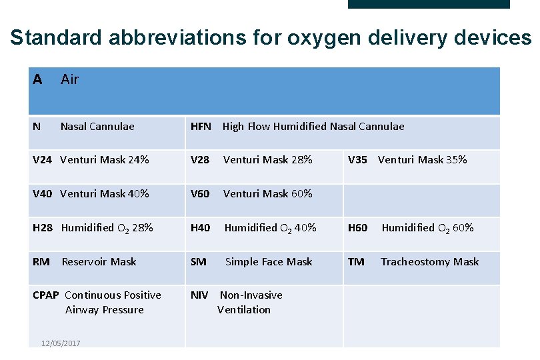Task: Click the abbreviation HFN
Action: [x=201, y=126]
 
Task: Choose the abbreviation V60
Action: [x=200, y=193]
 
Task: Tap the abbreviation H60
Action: [x=358, y=227]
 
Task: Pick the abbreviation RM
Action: [x=41, y=261]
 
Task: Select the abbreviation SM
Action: [x=199, y=261]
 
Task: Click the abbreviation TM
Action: [x=356, y=261]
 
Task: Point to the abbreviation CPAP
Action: [x=46, y=295]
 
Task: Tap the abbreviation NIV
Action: [x=199, y=295]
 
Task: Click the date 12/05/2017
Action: [x=61, y=343]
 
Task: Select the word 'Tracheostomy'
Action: [x=410, y=261]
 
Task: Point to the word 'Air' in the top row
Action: [x=69, y=79]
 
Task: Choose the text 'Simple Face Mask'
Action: [x=269, y=261]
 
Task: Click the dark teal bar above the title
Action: [x=429, y=4]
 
